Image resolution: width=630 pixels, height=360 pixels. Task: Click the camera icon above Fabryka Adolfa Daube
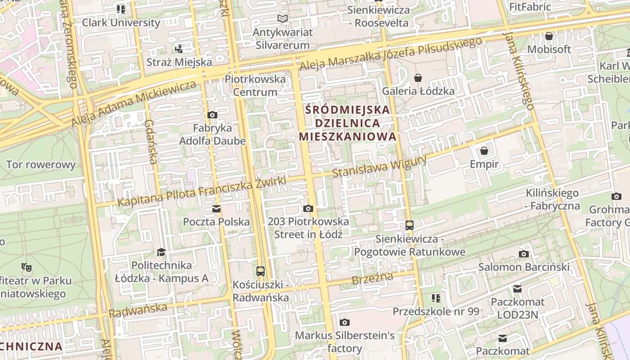pos(212,115)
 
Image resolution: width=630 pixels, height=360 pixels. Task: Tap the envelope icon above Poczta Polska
pos(216,209)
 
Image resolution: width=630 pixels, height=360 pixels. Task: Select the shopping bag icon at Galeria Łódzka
pos(418,78)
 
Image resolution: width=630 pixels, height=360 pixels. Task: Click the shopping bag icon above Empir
pos(484,151)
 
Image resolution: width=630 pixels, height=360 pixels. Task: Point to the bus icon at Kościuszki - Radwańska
pos(261,271)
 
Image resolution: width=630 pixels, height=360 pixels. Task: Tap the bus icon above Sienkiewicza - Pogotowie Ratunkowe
pos(409,225)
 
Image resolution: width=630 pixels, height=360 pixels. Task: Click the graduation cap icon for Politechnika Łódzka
pos(162,252)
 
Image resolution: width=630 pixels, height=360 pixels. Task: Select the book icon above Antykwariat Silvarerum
pos(282,19)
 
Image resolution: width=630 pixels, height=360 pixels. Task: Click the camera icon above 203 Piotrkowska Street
pos(308,208)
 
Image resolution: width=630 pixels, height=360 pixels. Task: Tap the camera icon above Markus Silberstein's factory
pos(345,322)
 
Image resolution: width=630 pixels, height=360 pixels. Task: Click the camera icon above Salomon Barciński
pos(524,254)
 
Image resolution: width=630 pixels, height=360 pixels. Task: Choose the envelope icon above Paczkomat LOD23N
pos(517,288)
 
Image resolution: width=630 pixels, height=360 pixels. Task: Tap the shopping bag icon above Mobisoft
pos(549,36)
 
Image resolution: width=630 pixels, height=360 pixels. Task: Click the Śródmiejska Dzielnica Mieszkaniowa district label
pos(348,123)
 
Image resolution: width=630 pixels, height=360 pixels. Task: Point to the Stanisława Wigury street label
pos(379,166)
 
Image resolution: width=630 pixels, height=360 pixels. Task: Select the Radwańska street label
pos(138,311)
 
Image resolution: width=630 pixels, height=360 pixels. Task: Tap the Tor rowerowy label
pos(41,165)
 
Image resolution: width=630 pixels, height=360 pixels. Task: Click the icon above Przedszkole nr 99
pos(436,298)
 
